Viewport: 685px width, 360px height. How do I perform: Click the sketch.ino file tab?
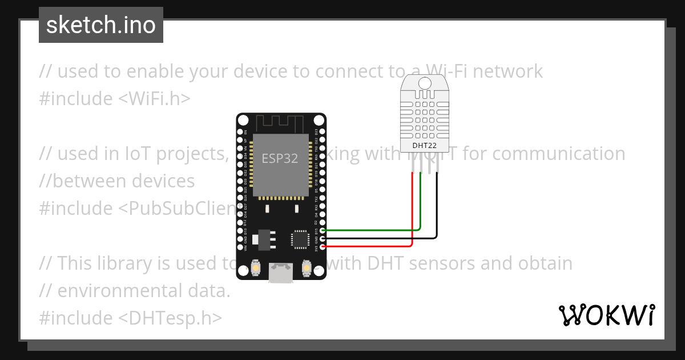pos(101,25)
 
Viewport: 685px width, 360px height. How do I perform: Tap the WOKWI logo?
pos(606,315)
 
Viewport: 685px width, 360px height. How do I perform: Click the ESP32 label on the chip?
pos(280,159)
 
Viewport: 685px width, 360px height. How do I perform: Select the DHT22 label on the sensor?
pos(424,146)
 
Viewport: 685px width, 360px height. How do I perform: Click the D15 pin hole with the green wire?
pos(323,231)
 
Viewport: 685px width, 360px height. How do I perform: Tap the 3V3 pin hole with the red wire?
pos(323,247)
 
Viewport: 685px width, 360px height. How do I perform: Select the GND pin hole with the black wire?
pos(323,239)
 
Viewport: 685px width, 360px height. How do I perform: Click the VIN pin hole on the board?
pos(240,247)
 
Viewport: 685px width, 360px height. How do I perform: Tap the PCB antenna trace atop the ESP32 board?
pos(281,123)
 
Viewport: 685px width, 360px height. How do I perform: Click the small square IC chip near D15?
pos(300,239)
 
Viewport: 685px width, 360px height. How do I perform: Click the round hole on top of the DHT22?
pos(424,83)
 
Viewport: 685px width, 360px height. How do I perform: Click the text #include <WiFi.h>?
pos(115,99)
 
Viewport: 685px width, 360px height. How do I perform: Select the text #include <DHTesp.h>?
pos(131,318)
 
